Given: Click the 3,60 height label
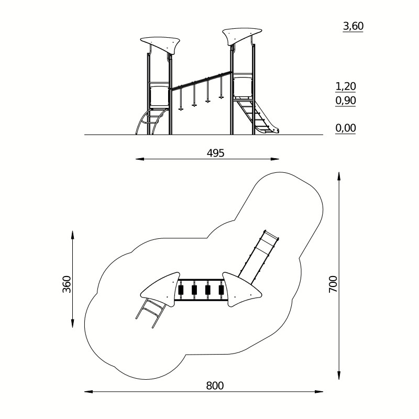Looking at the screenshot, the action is (x=353, y=26).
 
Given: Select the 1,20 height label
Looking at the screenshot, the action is (x=346, y=86).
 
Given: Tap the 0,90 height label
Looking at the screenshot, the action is (x=346, y=101).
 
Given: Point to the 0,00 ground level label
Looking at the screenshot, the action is (x=346, y=128).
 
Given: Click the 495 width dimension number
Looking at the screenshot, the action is (x=216, y=153).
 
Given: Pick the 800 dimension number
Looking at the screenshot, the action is (x=215, y=385).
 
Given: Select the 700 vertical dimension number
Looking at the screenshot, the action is (x=333, y=284).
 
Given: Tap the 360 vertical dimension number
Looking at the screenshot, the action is (x=67, y=284).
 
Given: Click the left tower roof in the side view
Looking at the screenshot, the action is (x=160, y=45).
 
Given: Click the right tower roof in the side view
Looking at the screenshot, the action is (x=241, y=36).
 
